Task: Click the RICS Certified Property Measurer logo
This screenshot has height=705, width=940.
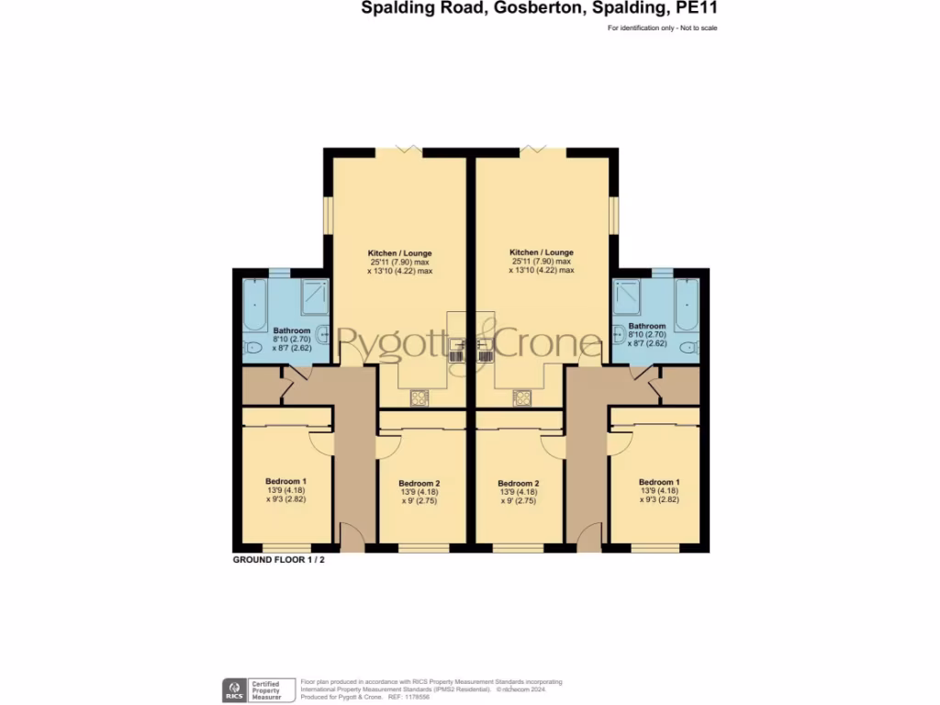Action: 258,689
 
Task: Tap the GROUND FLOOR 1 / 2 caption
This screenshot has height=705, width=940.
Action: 278,559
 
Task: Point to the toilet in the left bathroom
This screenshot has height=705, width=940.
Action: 252,347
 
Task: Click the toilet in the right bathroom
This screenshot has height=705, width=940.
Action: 689,347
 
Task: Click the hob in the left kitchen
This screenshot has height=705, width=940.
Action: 419,397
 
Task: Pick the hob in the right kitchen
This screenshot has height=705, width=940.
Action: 522,397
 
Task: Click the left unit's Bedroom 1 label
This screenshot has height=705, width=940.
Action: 285,481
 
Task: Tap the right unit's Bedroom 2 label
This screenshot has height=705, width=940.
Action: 518,484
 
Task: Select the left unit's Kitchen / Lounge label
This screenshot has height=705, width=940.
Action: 399,252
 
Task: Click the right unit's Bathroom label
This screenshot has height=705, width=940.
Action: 646,326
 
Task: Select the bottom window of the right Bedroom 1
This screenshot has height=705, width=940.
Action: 656,549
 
